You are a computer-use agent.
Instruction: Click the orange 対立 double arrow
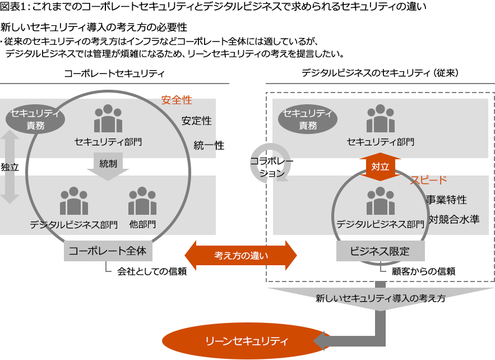click(x=380, y=166)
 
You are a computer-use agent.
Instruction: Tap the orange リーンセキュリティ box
click(x=247, y=340)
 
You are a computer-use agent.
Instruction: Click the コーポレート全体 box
click(x=108, y=251)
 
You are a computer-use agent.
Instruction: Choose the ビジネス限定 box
click(x=380, y=251)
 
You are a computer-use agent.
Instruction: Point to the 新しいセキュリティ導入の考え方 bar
click(x=380, y=299)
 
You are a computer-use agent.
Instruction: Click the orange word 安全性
click(x=176, y=100)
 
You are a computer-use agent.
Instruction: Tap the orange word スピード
click(x=428, y=180)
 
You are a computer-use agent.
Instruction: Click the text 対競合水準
click(x=454, y=219)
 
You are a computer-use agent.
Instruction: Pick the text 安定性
click(x=196, y=121)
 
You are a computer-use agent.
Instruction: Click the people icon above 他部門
click(x=142, y=201)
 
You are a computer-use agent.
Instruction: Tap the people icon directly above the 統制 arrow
click(x=108, y=118)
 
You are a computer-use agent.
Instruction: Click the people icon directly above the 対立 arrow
click(x=380, y=118)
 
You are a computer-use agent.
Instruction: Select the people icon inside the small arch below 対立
click(x=380, y=201)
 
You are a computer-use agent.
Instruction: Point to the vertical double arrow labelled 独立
click(x=10, y=167)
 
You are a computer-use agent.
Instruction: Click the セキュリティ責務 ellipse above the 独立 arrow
click(x=35, y=119)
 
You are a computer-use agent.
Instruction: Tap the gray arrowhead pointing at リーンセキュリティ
click(x=323, y=340)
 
